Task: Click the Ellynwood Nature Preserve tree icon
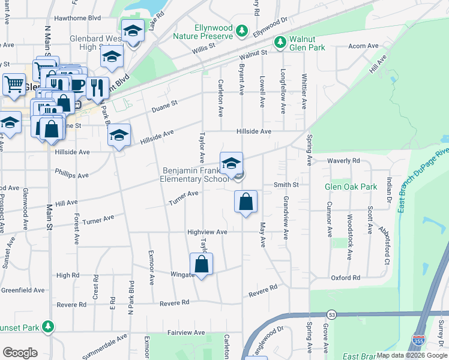coord(241,30)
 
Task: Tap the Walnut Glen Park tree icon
coord(280,42)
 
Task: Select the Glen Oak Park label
coord(351,187)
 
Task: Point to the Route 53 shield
coord(332,314)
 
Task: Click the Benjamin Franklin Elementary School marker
coord(231,163)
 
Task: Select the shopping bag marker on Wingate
coord(202,264)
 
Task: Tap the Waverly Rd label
coord(343,161)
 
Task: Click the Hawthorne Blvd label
coord(77,18)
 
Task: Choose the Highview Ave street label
coord(207,232)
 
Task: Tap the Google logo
coord(20,353)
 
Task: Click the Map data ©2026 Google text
coord(411,355)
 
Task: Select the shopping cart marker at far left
coord(14,83)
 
